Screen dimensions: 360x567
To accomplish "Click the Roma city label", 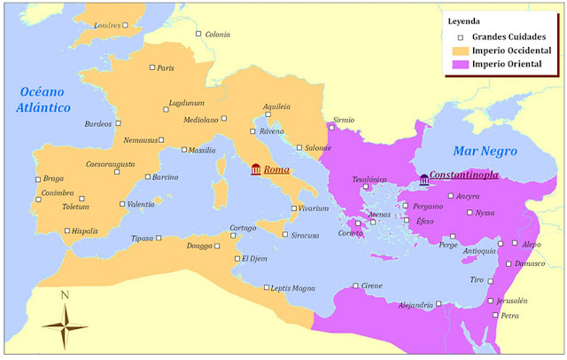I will pos(277,169).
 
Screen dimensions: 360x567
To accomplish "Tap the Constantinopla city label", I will pos(463,177).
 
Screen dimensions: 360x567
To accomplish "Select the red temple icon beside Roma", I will pos(256,169).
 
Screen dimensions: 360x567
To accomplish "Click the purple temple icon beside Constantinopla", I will pos(423,180).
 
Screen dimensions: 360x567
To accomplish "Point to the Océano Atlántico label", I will pos(43,99).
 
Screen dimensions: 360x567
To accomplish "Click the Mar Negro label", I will pos(484,150).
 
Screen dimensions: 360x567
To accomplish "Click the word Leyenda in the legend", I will pos(467,20).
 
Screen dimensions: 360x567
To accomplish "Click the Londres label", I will pos(105,26).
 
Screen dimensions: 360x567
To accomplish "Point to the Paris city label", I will pos(165,68).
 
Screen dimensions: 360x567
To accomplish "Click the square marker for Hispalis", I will pos(67,231).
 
